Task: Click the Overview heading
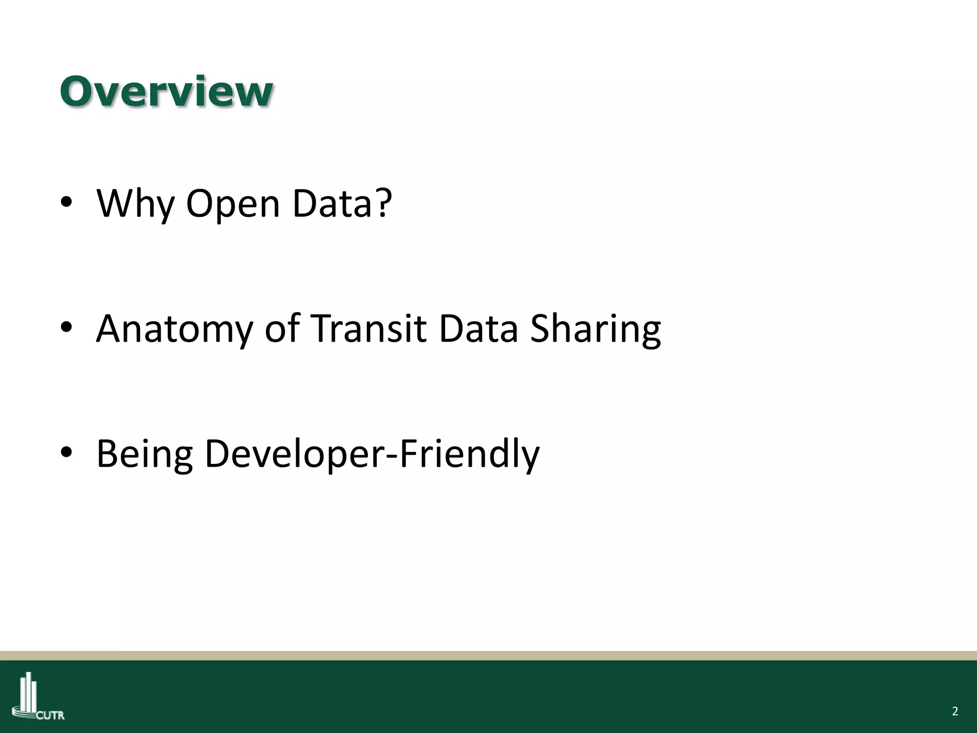(166, 92)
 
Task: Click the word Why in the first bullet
(135, 204)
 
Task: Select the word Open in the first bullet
(233, 204)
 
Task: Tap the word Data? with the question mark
(342, 204)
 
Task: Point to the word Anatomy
(174, 329)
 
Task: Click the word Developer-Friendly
(372, 454)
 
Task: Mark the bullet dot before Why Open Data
(66, 202)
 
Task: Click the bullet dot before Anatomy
(66, 327)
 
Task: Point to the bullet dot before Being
(66, 452)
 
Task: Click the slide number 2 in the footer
(955, 712)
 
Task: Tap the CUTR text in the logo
(51, 715)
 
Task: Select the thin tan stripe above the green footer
(488, 656)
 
